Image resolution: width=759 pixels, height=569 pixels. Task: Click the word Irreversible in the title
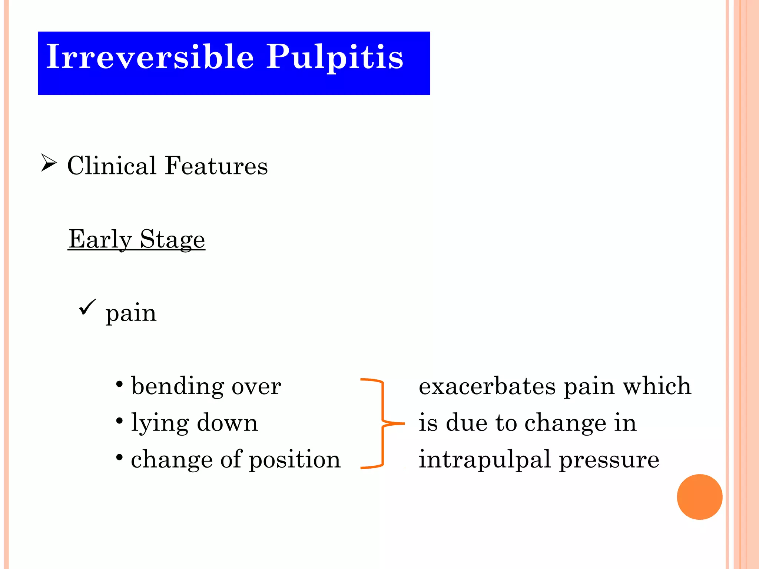click(150, 56)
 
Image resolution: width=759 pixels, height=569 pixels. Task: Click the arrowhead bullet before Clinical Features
click(49, 163)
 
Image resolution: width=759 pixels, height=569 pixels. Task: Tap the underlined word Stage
click(172, 240)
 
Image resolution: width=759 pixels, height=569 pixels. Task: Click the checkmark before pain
click(87, 307)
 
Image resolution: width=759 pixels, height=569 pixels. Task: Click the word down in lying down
click(227, 423)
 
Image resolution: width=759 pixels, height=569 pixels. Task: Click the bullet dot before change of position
click(119, 458)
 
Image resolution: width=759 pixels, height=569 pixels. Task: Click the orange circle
click(699, 497)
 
